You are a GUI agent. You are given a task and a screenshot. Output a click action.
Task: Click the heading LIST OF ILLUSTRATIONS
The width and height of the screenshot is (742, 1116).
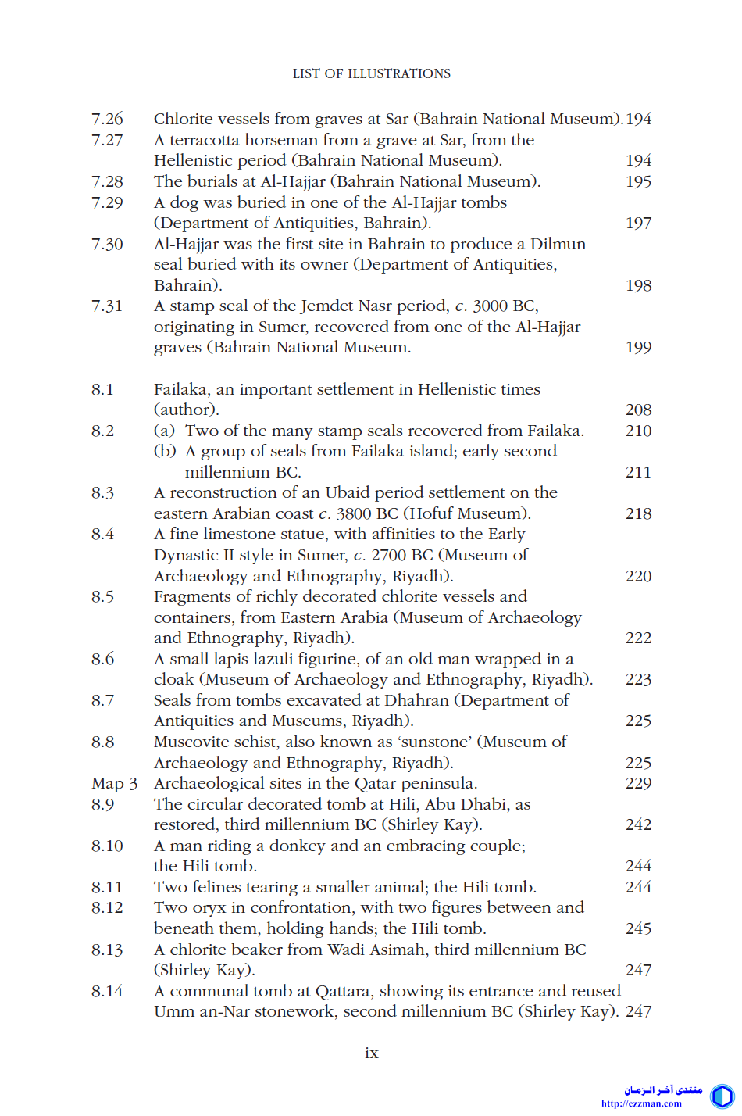point(371,73)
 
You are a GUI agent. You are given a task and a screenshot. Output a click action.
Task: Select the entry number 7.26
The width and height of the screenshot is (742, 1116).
point(107,119)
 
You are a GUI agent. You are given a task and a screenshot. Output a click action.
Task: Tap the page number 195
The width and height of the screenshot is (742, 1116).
point(638,181)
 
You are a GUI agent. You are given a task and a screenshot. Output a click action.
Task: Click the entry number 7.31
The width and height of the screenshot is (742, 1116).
point(107,306)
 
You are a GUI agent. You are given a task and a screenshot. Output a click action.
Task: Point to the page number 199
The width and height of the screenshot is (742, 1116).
point(638,347)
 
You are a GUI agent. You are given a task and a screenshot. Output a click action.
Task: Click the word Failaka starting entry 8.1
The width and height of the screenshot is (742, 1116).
point(181,389)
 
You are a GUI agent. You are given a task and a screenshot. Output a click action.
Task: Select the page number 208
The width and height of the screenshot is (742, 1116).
point(638,410)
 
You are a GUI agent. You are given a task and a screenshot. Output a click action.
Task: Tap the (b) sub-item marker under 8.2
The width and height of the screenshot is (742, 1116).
point(164,451)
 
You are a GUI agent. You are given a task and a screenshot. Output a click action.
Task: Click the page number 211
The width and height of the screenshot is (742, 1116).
point(638,472)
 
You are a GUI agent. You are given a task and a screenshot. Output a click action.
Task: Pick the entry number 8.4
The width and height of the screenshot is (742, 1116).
point(102,534)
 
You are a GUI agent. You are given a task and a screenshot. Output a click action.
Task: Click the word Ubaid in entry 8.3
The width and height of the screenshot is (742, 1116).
point(348,492)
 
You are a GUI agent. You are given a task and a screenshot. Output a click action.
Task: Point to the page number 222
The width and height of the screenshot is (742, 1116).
point(638,638)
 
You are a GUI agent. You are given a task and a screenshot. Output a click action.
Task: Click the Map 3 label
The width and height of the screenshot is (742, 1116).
point(114,783)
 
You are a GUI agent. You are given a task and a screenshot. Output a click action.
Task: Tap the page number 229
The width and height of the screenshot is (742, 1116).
point(638,783)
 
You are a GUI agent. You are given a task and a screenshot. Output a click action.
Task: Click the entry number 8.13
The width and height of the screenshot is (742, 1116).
point(107,950)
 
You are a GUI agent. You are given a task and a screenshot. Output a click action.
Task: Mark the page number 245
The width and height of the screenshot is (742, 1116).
point(638,928)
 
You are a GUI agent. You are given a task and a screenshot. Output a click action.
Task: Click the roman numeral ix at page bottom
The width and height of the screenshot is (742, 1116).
point(371,1053)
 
